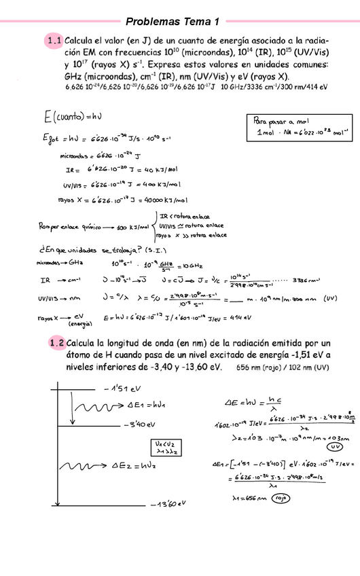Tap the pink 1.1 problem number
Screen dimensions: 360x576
[54, 41]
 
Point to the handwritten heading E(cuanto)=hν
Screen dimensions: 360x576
[66, 118]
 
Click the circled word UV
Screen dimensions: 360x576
[334, 448]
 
